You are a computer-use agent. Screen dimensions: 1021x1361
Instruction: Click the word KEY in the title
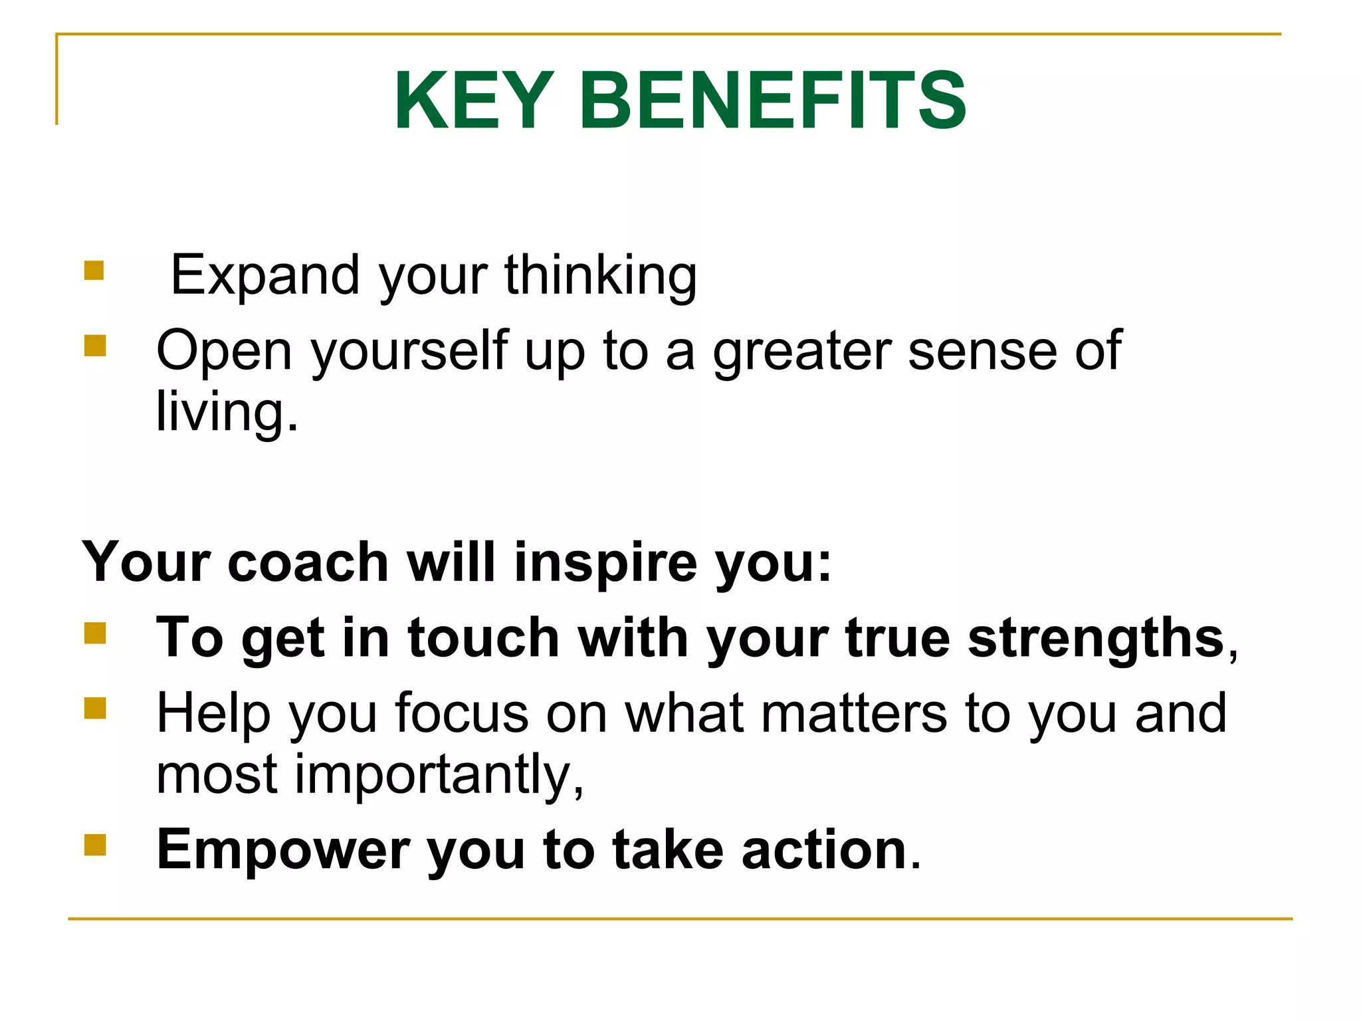pos(474,101)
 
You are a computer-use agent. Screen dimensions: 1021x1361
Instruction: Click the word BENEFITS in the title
pos(772,101)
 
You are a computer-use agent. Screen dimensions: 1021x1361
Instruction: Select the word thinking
pos(601,275)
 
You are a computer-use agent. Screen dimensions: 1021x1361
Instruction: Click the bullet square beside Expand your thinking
pos(94,271)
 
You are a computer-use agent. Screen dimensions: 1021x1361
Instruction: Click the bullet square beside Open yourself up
pos(95,346)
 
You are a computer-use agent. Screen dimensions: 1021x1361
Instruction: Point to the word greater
pos(801,351)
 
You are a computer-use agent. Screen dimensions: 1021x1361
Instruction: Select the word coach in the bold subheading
pos(308,562)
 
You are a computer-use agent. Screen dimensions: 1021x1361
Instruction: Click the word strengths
pos(1096,637)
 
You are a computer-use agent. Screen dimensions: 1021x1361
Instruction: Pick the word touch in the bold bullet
pos(483,637)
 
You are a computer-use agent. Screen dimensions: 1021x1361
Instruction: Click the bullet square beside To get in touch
pos(95,633)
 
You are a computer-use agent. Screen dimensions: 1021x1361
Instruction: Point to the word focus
pos(461,713)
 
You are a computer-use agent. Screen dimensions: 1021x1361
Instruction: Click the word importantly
pos(439,774)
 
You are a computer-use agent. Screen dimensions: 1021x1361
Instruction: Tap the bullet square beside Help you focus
pos(95,708)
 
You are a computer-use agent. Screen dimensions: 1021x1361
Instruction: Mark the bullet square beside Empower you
pos(95,845)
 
